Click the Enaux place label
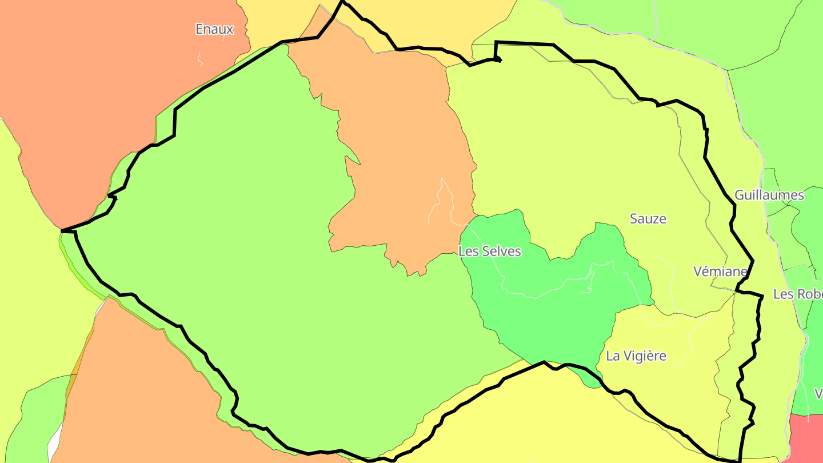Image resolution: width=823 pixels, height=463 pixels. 214,29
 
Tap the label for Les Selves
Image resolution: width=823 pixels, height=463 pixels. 490,251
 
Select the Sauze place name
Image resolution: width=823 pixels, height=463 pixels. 648,218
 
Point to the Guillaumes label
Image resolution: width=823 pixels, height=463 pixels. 769,195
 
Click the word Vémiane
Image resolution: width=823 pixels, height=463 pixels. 720,271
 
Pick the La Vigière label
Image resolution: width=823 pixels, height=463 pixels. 636,356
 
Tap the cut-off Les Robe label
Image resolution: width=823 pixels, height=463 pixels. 797,294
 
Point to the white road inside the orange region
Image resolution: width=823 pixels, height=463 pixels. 440,200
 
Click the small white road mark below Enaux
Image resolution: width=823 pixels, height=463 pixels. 200,58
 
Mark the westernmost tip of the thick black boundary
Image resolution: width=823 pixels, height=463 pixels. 62,231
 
